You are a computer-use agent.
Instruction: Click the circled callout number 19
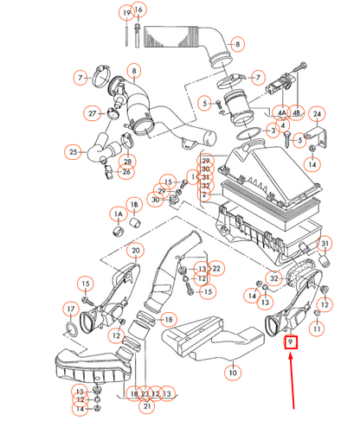[x=126, y=13]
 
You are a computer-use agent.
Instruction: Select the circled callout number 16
[x=138, y=10]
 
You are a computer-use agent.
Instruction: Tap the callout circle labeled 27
[x=92, y=113]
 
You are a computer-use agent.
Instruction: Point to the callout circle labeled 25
[x=73, y=152]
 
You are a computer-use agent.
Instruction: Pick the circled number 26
[x=126, y=172]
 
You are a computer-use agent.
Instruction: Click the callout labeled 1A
[x=119, y=214]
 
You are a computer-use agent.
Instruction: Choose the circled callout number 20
[x=136, y=251]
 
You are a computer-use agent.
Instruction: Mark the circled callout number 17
[x=71, y=309]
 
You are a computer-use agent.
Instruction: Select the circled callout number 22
[x=216, y=269]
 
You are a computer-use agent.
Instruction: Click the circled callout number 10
[x=233, y=373]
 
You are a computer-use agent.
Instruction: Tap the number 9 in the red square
[x=291, y=342]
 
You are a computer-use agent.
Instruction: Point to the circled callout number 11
[x=317, y=329]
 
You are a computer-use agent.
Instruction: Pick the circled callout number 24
[x=317, y=114]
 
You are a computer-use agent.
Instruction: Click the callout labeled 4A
[x=282, y=112]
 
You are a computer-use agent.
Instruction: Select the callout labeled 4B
[x=296, y=112]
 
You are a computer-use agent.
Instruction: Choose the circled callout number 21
[x=147, y=406]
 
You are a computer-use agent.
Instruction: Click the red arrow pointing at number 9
[x=292, y=381]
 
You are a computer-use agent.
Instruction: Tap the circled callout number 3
[x=273, y=131]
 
